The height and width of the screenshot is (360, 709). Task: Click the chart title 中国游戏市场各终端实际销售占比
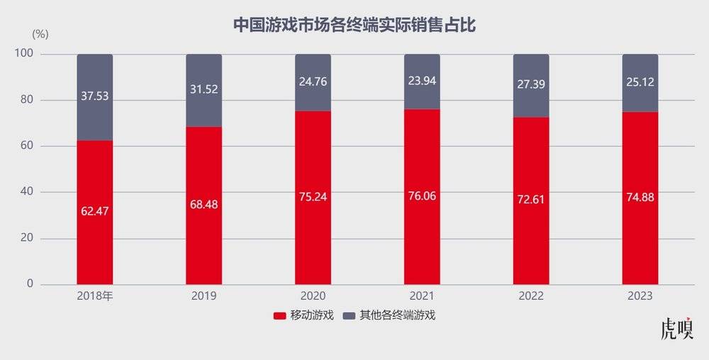(x=354, y=26)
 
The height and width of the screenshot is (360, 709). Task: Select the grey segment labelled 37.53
(x=94, y=97)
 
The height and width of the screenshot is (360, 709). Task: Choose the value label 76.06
(x=422, y=196)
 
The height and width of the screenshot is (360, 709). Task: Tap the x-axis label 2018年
(x=94, y=296)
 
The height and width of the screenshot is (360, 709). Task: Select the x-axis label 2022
(x=531, y=296)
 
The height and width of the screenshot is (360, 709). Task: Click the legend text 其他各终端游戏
(x=396, y=315)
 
